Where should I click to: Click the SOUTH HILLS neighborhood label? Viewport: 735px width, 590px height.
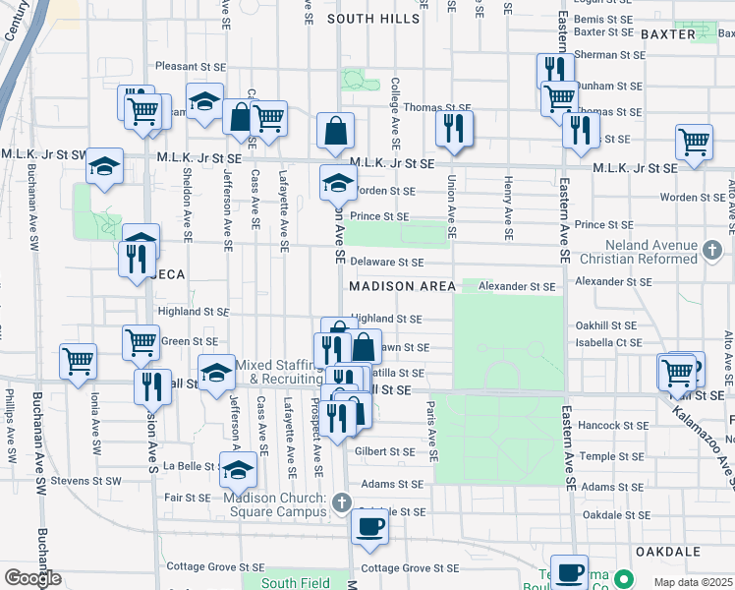click(x=372, y=19)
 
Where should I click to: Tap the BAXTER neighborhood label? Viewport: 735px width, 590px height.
click(x=667, y=33)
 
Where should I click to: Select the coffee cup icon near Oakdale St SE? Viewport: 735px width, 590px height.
click(x=369, y=526)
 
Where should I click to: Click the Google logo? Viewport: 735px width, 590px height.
click(x=33, y=577)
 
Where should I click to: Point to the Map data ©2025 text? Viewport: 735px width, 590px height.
click(x=694, y=582)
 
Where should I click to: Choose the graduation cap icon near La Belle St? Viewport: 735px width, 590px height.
click(x=237, y=471)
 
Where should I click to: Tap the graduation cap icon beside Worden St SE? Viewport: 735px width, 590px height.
click(x=338, y=182)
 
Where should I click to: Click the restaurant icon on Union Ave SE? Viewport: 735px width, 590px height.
click(x=454, y=128)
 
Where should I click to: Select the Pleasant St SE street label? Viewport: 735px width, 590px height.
click(x=191, y=68)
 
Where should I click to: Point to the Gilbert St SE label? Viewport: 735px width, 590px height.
click(x=385, y=451)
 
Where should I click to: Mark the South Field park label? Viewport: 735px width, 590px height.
click(x=295, y=583)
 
